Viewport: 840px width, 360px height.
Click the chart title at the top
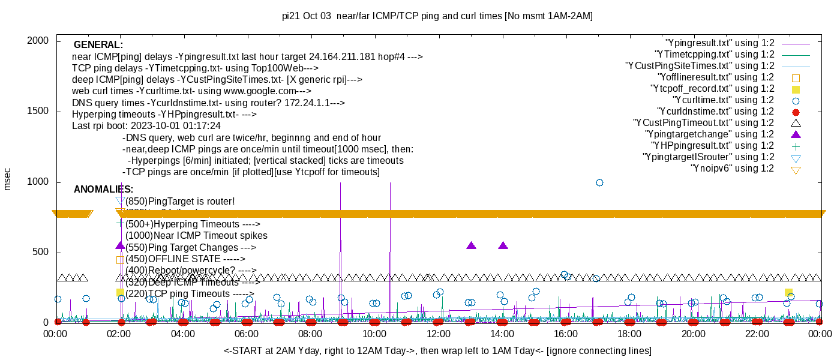[437, 16]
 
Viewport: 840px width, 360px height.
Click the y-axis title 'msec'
[8, 179]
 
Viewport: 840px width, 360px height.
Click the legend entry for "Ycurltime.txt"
[723, 100]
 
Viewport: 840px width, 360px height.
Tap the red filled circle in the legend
[796, 112]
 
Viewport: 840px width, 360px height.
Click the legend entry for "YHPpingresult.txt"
[713, 146]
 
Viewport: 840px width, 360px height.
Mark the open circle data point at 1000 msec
[599, 182]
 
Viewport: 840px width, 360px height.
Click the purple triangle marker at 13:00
[471, 245]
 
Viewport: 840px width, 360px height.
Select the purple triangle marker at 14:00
[503, 245]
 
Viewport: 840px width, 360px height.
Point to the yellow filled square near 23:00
[788, 292]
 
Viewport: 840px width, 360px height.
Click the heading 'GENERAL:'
[98, 45]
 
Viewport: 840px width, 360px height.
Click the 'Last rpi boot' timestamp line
[146, 126]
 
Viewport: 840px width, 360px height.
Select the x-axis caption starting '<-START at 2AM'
[437, 350]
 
